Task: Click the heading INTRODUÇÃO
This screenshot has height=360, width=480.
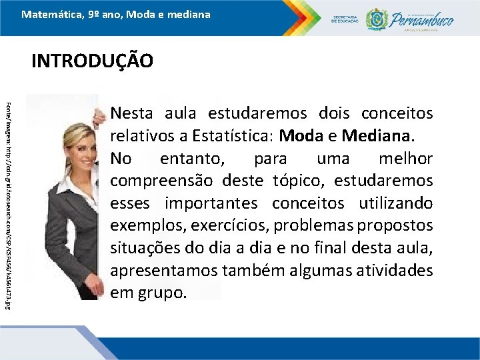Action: point(92,61)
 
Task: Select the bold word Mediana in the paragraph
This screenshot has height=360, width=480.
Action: point(377,137)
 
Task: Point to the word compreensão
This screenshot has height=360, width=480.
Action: point(155,181)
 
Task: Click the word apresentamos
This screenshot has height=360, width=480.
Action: point(155,271)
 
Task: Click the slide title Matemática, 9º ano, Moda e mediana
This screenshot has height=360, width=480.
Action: point(115,14)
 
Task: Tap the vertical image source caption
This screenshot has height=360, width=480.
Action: point(10,197)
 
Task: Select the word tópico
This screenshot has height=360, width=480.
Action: point(293,181)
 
